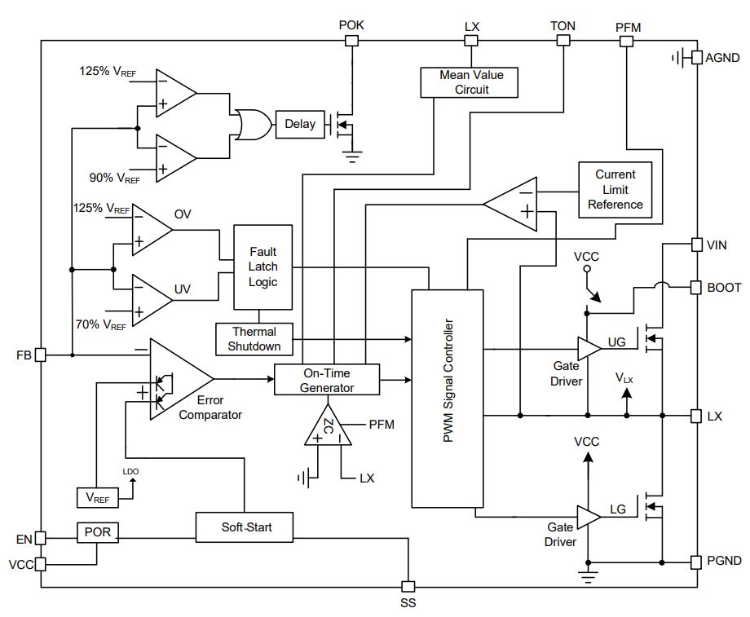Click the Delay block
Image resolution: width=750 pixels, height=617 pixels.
(300, 125)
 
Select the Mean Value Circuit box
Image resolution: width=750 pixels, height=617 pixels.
(470, 82)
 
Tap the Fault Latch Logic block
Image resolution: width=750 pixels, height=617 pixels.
(263, 267)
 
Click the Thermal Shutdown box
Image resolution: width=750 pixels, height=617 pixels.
(254, 339)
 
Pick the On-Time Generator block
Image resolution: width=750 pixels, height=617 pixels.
(327, 380)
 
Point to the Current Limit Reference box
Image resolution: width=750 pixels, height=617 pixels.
(615, 190)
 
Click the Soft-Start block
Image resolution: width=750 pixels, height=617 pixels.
(245, 527)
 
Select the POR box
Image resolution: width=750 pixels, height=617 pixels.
(98, 532)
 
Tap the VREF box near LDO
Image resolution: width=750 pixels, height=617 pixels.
(98, 498)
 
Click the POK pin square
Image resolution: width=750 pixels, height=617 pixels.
(351, 41)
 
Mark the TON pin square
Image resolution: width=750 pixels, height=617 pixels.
(563, 40)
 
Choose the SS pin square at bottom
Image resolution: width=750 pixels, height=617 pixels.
(408, 586)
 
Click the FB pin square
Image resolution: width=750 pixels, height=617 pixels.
(41, 355)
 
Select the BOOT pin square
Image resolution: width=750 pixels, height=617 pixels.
(697, 287)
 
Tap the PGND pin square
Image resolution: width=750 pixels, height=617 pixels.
(697, 562)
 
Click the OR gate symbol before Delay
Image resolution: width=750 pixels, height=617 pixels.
(253, 125)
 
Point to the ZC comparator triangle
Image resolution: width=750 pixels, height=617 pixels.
(328, 425)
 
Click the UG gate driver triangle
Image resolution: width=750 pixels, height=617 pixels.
(589, 349)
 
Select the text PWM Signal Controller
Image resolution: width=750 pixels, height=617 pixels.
(448, 381)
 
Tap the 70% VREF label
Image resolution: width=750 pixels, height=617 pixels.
(101, 324)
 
